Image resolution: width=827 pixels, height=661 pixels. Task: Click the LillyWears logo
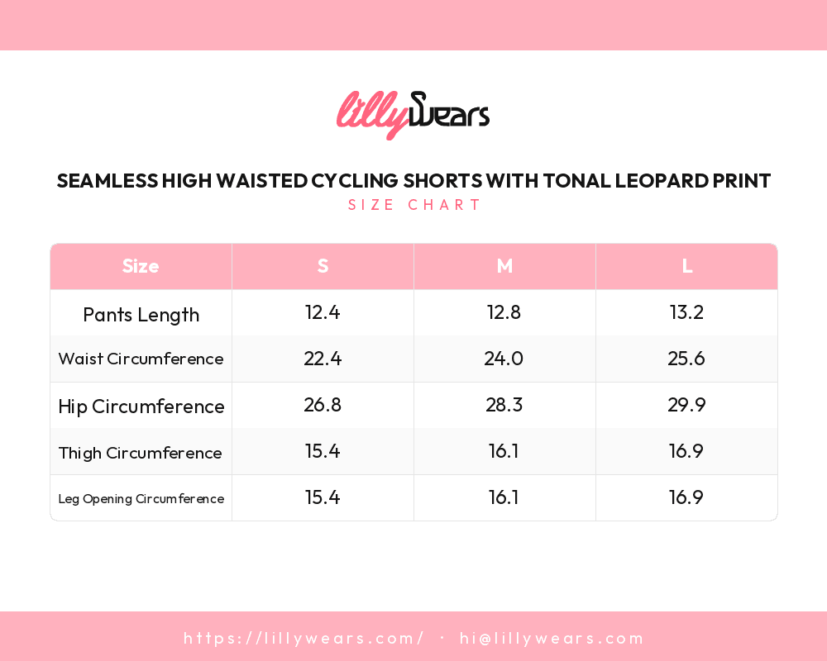[413, 115]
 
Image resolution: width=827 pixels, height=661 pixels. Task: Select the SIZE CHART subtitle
[414, 205]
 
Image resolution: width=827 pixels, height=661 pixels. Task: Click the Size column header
[141, 266]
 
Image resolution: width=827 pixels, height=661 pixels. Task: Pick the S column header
[323, 266]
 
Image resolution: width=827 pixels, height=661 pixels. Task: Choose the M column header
[504, 266]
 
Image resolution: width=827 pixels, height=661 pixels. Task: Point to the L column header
[686, 266]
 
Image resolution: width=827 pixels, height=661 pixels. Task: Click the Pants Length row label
[141, 315]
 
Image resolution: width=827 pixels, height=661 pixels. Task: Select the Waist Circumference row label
[141, 359]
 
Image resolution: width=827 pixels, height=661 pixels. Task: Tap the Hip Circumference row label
[141, 407]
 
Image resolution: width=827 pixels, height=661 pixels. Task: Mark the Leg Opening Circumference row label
[141, 498]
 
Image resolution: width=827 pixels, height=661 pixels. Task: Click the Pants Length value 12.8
[504, 312]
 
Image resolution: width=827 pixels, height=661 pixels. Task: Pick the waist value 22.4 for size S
[323, 359]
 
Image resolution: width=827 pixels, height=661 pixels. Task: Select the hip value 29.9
[686, 405]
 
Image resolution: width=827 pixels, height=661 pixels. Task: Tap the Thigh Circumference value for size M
[504, 451]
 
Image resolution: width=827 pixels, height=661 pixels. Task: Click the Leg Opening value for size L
[686, 497]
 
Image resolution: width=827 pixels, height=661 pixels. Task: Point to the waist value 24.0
[504, 359]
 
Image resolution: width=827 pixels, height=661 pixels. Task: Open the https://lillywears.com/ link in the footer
[304, 638]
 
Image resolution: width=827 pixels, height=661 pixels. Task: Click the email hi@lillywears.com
[552, 638]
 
